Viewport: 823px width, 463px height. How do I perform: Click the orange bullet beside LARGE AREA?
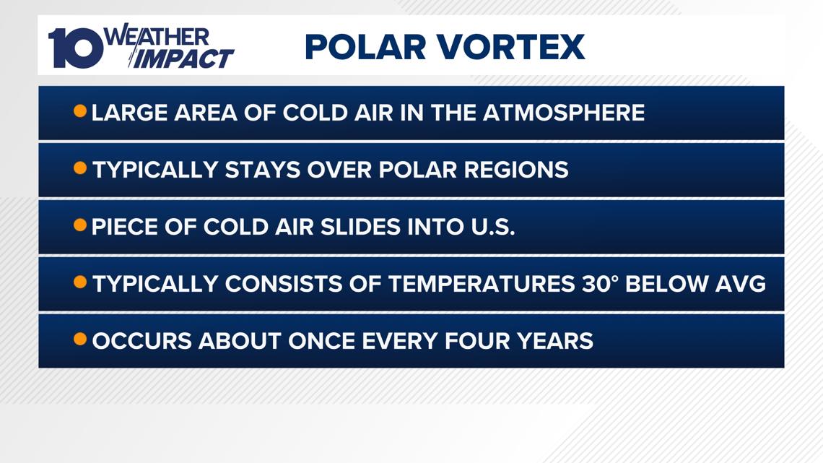tap(80, 112)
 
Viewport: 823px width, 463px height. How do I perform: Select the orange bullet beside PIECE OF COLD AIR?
tap(80, 226)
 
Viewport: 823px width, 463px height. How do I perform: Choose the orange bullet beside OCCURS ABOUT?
tap(80, 339)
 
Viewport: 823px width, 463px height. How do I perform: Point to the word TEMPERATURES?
tap(480, 284)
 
